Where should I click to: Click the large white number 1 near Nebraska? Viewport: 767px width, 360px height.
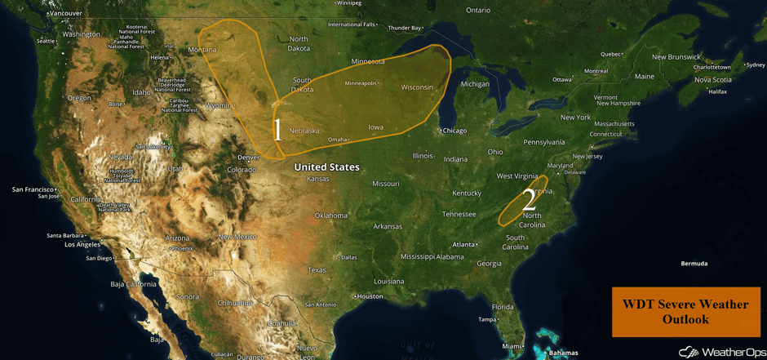click(x=277, y=129)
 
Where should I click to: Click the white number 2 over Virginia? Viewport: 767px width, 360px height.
click(x=529, y=198)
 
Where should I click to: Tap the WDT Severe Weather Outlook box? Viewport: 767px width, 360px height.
click(x=685, y=312)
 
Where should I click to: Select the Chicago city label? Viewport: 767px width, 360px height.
click(x=454, y=131)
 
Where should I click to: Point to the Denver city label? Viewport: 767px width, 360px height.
click(x=248, y=157)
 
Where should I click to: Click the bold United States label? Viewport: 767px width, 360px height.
click(x=326, y=167)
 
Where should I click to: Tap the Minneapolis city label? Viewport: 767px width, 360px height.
click(x=361, y=83)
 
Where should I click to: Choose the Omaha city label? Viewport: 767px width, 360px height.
click(x=337, y=140)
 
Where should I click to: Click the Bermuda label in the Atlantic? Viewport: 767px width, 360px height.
click(x=694, y=264)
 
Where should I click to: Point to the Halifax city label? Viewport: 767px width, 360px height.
click(x=717, y=91)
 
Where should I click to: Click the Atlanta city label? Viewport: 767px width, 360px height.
click(x=465, y=244)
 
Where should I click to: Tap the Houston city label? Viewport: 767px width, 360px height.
click(x=370, y=296)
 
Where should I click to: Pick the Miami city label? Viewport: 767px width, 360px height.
click(x=513, y=346)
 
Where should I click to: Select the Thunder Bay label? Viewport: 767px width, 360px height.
click(x=405, y=28)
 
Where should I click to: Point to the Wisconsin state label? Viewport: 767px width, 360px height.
click(x=417, y=87)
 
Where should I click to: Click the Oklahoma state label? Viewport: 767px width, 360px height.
click(x=330, y=216)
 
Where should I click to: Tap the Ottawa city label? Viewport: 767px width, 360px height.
click(x=562, y=79)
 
